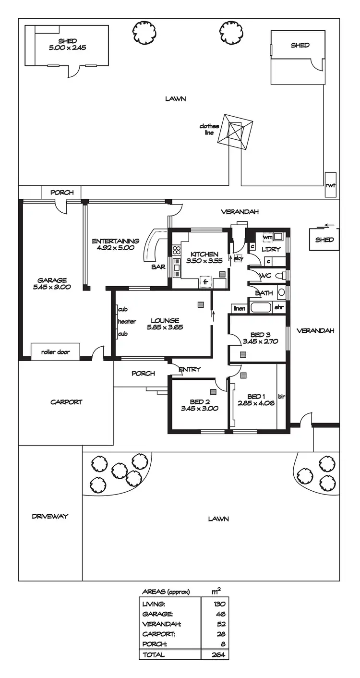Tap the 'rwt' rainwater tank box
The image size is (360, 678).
point(330,185)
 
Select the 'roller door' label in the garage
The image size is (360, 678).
point(55,352)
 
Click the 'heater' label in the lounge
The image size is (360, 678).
point(127,322)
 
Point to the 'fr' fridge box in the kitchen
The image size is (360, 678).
point(205,282)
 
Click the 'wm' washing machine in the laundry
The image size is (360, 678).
point(267,238)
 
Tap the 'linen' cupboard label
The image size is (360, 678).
point(239,308)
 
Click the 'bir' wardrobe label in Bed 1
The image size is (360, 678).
point(281,397)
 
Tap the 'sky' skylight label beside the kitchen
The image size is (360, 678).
point(239,258)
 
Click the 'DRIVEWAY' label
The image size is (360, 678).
point(50,517)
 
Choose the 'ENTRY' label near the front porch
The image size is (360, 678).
point(189,369)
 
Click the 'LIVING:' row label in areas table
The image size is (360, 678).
point(154,604)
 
